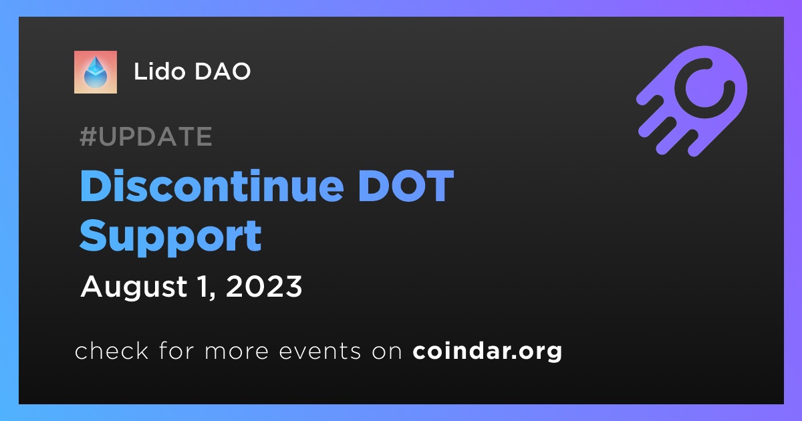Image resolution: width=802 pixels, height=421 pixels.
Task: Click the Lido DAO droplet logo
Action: (95, 72)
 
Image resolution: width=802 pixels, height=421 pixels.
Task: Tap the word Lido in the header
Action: (160, 71)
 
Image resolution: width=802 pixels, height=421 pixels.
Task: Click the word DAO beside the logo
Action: (223, 72)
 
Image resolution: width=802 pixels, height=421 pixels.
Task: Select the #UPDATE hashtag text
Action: (146, 136)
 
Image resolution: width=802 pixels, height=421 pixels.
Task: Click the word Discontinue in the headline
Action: (212, 186)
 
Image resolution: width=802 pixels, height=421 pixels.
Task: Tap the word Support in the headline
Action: (170, 237)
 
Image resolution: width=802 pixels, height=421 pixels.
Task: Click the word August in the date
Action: (134, 287)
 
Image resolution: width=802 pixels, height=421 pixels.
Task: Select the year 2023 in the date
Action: (264, 287)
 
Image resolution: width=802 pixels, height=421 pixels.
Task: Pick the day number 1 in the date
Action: (203, 287)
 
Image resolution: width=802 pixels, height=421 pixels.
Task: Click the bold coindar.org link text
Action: (487, 351)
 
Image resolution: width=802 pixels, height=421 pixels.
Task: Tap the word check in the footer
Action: (112, 350)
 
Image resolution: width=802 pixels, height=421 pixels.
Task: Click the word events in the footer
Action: (319, 352)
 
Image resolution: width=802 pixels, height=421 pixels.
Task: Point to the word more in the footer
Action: (237, 352)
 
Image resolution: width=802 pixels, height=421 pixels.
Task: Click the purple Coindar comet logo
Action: (692, 101)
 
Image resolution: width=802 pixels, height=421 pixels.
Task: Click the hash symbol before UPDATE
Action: (88, 136)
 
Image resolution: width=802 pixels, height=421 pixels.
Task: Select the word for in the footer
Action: (176, 350)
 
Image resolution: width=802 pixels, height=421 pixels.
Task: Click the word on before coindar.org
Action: (387, 352)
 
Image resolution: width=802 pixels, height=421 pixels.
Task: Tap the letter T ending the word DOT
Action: (438, 186)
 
